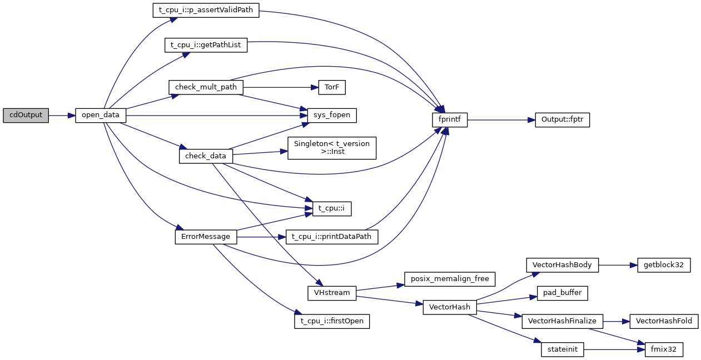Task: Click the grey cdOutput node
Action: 26,116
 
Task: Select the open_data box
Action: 101,116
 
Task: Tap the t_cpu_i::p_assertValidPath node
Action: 206,11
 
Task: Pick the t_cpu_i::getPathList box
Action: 206,45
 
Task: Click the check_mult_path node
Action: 206,87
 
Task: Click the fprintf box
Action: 450,119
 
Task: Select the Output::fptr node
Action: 562,119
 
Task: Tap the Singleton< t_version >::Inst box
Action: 332,147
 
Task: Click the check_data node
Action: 206,156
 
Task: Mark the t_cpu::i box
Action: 332,208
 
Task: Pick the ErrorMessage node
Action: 206,237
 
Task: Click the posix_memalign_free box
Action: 449,279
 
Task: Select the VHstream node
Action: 332,293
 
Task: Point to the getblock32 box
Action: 664,265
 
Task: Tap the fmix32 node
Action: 664,349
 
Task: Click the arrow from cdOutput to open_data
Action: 61,116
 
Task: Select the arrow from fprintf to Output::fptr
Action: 501,119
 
